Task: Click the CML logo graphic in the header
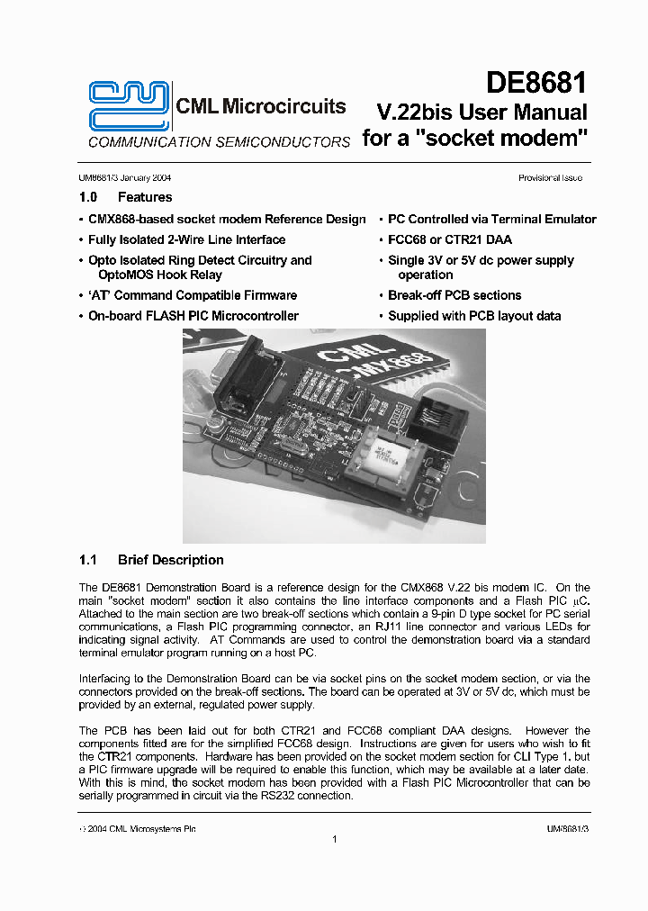pos(127,106)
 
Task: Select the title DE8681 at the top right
pos(536,84)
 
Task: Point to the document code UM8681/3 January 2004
pos(125,178)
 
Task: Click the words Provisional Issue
pos(550,178)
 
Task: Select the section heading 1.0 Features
pos(126,197)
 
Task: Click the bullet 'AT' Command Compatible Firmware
pos(192,295)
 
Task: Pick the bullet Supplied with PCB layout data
pos(473,316)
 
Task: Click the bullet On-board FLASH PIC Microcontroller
pos(193,316)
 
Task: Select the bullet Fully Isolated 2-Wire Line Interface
pos(186,239)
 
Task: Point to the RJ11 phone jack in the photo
pos(442,419)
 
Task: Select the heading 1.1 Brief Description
pos(151,560)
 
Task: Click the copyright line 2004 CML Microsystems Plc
pos(138,829)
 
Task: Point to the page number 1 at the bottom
pos(334,840)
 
